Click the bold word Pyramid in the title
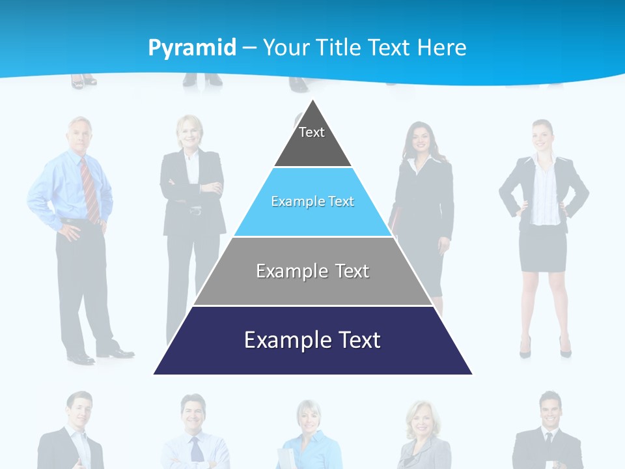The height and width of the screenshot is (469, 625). click(192, 48)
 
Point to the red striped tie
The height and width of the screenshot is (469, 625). click(90, 189)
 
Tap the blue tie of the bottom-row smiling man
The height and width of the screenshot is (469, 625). click(196, 449)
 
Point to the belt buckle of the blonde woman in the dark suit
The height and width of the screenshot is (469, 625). click(195, 210)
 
